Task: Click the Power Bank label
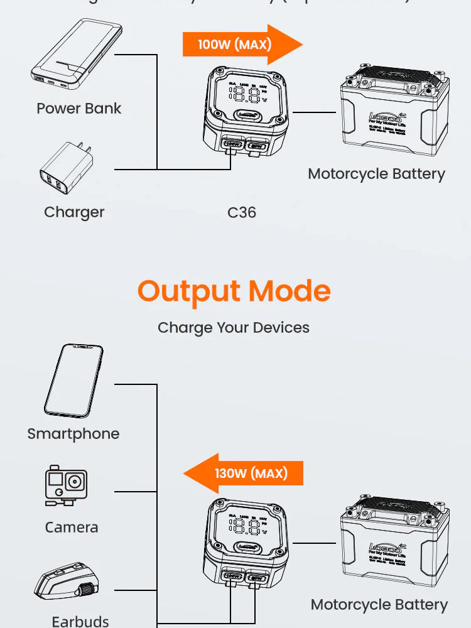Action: [x=79, y=108]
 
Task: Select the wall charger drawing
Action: [x=67, y=170]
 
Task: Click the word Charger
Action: [x=74, y=212]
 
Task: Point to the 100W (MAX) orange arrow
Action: [x=242, y=45]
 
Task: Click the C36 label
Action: [x=242, y=212]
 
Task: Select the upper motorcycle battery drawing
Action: [x=395, y=113]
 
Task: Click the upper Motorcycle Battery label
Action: [x=376, y=174]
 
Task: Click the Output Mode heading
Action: [x=234, y=291]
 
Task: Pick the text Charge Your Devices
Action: [x=234, y=327]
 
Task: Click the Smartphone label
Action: [x=73, y=433]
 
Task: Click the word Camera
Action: [x=72, y=528]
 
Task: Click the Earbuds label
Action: [x=80, y=621]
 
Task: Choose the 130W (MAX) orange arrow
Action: [x=243, y=473]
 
